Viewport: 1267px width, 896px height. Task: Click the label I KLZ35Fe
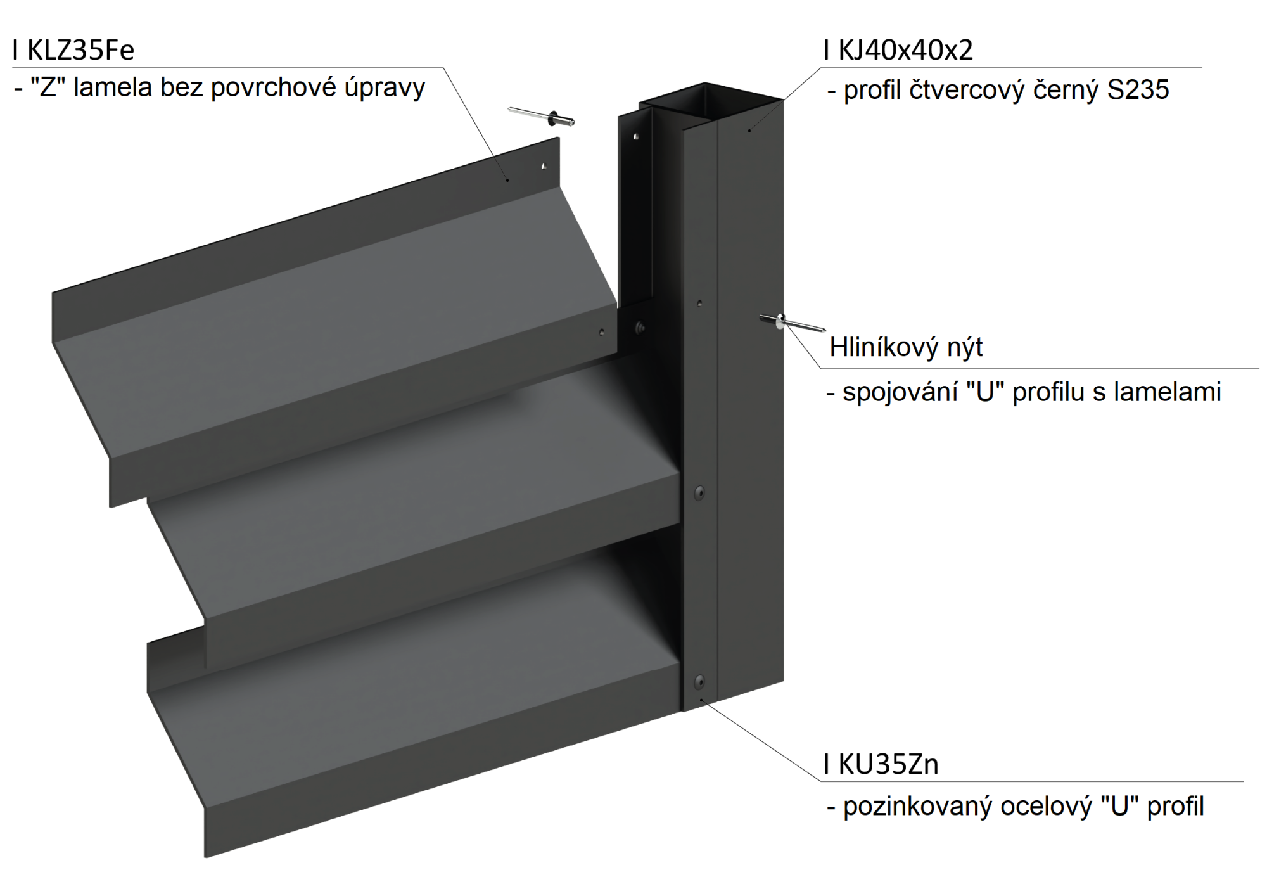[73, 50]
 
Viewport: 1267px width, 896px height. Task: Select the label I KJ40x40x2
[898, 50]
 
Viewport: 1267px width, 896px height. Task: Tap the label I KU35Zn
[881, 764]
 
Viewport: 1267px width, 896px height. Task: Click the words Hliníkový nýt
[906, 347]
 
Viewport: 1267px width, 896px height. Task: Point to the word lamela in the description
[113, 87]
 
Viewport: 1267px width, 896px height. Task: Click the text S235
[1138, 90]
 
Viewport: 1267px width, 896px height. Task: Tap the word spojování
[900, 393]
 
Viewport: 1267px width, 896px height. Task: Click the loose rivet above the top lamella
[541, 116]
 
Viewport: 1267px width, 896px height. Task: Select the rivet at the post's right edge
[792, 323]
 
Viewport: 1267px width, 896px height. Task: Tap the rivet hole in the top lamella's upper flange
[544, 167]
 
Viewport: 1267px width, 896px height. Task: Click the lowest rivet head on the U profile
[699, 682]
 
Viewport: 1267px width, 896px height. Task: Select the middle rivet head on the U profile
[699, 492]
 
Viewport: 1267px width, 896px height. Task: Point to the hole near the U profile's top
[699, 304]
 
